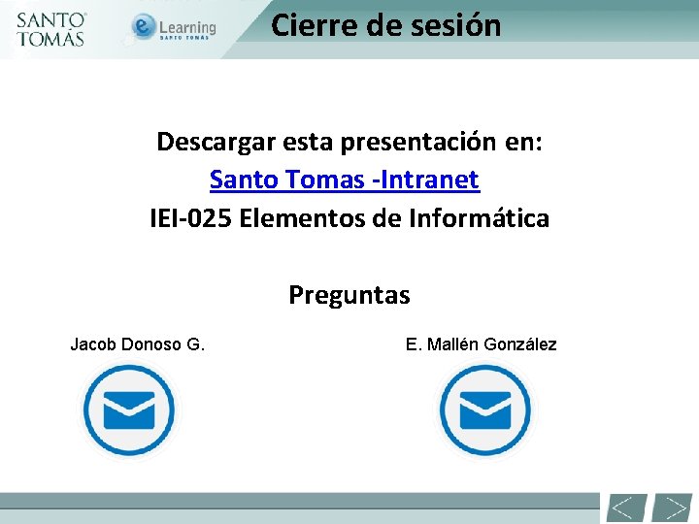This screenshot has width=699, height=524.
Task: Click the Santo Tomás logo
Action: coord(51,29)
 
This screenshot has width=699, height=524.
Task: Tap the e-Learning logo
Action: coord(175,28)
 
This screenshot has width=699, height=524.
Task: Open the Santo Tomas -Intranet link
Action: coord(345,180)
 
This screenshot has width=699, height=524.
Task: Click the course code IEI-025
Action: coord(190,218)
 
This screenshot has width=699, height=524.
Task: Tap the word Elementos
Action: coord(301,218)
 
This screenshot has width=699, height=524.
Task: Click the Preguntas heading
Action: coord(349,295)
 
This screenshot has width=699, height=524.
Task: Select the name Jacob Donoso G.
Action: coord(137,344)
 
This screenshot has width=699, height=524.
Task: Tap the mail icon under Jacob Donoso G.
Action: coord(128,410)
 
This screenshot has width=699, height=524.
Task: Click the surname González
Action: coord(520,344)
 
